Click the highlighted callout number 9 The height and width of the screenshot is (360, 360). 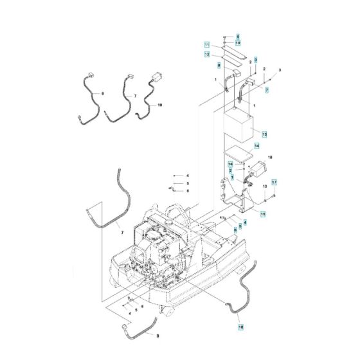click(237, 37)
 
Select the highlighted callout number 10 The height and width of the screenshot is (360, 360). click(237, 43)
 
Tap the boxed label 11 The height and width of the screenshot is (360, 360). click(207, 45)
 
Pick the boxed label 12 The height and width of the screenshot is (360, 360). click(207, 55)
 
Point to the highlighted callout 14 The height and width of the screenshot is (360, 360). click(256, 147)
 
